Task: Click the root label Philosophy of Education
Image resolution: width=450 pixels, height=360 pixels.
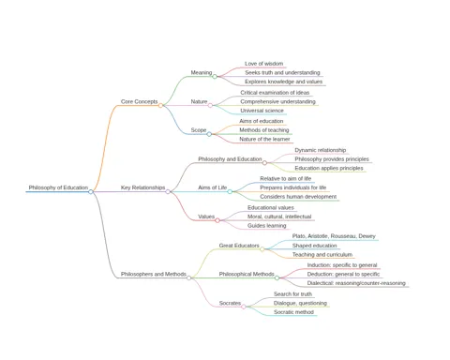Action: (x=58, y=187)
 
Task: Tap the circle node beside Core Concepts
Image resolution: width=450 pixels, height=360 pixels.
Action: (x=160, y=105)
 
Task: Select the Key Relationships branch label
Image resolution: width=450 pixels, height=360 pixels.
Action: (x=142, y=187)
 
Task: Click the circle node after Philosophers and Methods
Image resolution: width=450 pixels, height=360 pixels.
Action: (x=188, y=277)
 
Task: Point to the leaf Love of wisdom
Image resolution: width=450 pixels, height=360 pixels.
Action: (x=263, y=64)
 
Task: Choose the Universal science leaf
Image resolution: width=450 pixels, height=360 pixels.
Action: (x=262, y=111)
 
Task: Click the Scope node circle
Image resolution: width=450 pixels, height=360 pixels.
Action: (x=209, y=134)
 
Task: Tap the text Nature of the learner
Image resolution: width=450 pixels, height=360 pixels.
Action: (x=264, y=139)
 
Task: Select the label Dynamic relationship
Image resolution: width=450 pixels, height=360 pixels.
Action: (x=321, y=150)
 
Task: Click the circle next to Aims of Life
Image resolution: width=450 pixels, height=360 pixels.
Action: (x=230, y=191)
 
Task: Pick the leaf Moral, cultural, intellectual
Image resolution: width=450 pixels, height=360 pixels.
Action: (x=279, y=217)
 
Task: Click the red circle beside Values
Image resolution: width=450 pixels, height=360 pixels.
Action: (x=217, y=220)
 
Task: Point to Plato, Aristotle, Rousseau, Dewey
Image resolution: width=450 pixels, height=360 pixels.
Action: (x=334, y=236)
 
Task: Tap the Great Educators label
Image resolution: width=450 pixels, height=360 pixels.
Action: (x=239, y=246)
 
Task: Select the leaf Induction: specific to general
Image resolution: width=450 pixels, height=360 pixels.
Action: (x=342, y=265)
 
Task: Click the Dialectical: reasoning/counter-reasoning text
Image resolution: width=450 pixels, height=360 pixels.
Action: (x=356, y=283)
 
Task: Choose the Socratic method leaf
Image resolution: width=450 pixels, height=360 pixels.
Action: (x=293, y=312)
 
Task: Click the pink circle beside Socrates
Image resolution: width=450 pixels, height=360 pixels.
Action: (x=244, y=307)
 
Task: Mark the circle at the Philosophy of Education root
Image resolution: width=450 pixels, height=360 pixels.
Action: (x=91, y=191)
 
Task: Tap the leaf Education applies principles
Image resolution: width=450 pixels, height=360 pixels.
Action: (x=329, y=168)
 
